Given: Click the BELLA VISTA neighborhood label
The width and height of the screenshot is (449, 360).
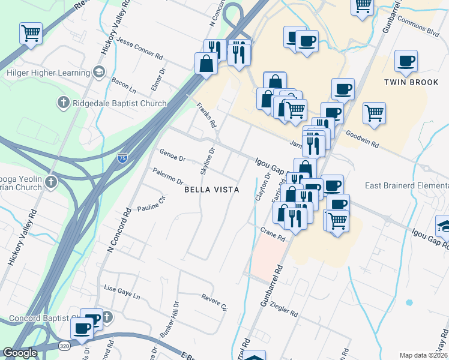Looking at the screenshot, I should (x=211, y=190).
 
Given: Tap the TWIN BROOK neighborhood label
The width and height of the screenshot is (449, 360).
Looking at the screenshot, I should (x=412, y=82).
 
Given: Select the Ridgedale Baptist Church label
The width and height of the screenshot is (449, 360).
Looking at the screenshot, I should (x=119, y=103).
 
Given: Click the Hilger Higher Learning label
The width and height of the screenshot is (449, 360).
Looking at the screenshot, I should (x=48, y=73).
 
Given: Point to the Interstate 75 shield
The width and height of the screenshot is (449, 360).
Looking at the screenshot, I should (x=122, y=158).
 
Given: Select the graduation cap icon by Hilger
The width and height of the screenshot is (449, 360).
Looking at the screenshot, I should (x=98, y=73).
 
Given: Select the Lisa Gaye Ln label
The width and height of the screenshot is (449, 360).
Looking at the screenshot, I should (x=122, y=291).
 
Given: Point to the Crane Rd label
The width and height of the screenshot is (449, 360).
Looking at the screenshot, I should (x=273, y=233).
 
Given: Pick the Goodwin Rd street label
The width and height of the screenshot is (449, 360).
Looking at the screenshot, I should (x=366, y=140).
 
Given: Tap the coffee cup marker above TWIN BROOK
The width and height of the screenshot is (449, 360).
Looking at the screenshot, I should (x=406, y=61).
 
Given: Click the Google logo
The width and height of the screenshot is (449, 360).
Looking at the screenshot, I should (x=20, y=353).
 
